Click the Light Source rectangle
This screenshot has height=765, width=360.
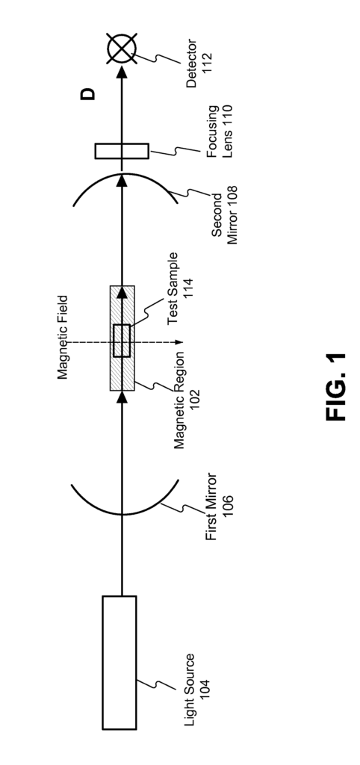(119, 662)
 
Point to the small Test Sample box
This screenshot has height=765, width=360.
(122, 341)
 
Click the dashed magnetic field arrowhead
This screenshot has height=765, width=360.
(179, 342)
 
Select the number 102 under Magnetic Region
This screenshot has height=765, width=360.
(193, 400)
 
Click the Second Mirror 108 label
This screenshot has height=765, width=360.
(225, 214)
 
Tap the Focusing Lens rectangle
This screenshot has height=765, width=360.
(122, 151)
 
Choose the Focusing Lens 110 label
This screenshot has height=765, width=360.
(220, 131)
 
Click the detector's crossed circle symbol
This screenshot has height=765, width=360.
(122, 49)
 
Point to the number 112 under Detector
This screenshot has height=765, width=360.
(207, 63)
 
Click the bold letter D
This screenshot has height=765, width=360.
(88, 94)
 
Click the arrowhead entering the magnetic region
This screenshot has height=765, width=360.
(122, 397)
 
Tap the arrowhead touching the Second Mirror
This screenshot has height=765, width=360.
(122, 180)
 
